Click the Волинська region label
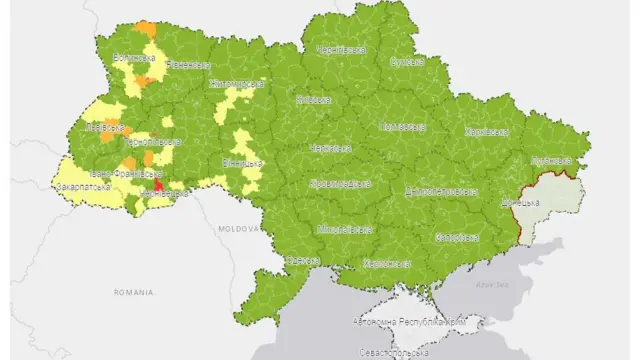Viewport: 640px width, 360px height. (134, 57)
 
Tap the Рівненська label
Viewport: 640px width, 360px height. (187, 64)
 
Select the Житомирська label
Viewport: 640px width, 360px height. (236, 84)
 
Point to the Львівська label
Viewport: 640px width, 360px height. (106, 129)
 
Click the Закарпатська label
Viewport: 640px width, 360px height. (83, 186)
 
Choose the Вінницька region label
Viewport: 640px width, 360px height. (242, 162)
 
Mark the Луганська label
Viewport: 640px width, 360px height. (552, 159)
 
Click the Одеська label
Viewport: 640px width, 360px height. (302, 260)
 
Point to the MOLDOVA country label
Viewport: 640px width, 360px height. (240, 229)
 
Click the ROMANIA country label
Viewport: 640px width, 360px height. (134, 293)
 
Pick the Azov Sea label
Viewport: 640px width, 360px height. (491, 283)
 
